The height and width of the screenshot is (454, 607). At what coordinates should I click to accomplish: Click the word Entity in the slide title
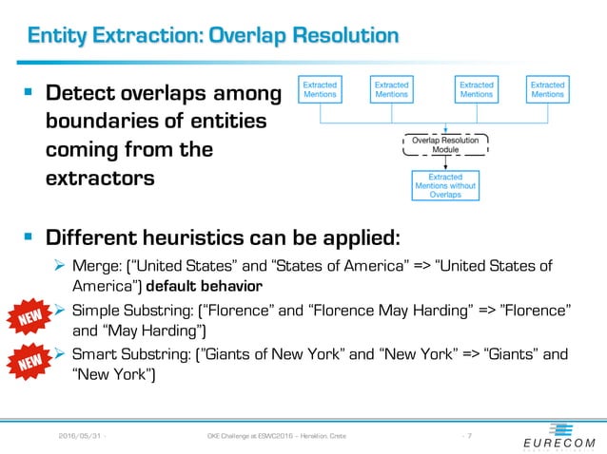click(x=59, y=36)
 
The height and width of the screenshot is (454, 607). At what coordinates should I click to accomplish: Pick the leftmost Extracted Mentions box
click(x=321, y=89)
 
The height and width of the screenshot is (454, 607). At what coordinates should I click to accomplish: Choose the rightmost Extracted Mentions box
click(x=547, y=89)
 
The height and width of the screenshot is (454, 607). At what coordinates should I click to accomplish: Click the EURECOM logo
click(x=558, y=436)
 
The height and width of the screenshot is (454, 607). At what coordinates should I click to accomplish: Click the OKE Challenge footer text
click(x=276, y=436)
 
